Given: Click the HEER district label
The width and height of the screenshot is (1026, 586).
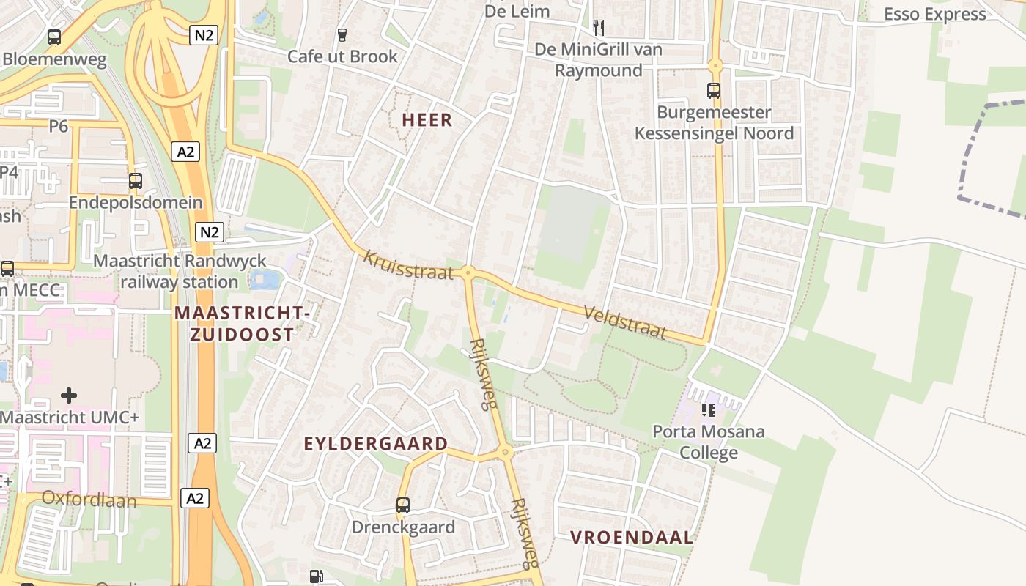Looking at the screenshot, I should tap(427, 120).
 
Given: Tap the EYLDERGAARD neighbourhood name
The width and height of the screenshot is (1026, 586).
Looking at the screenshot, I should tap(375, 444).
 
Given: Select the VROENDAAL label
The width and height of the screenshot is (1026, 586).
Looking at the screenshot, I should tap(632, 538).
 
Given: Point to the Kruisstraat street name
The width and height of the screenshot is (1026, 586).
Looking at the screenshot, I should tap(408, 264).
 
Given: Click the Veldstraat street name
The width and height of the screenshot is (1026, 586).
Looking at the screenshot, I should tap(625, 322).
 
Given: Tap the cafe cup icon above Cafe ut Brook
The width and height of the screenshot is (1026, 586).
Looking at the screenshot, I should tap(342, 34).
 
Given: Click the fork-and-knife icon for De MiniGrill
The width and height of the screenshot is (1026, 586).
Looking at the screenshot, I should tap(599, 28).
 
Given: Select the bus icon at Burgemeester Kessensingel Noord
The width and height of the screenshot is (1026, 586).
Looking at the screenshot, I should tap(713, 91).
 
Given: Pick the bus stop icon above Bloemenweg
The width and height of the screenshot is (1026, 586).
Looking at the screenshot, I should tap(54, 37).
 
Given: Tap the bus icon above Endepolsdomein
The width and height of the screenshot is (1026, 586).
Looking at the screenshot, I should tap(136, 181).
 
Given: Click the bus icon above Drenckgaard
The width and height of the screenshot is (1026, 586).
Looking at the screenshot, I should tap(403, 505).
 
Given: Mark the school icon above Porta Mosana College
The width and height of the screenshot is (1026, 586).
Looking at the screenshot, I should tap(708, 410).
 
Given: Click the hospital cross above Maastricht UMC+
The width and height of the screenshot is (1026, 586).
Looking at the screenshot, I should tap(69, 396).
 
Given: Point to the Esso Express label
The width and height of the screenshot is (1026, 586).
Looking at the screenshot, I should tap(934, 15).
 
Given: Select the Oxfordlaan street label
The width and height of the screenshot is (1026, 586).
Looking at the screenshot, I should tap(89, 499).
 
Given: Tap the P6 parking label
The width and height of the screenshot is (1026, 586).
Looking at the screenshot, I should tap(59, 127).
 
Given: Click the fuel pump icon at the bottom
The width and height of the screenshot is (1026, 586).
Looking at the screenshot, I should tap(316, 576).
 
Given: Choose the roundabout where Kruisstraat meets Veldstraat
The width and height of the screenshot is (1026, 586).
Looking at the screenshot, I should tap(468, 273).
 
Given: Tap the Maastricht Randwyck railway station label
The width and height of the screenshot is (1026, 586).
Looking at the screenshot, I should tap(180, 271).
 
